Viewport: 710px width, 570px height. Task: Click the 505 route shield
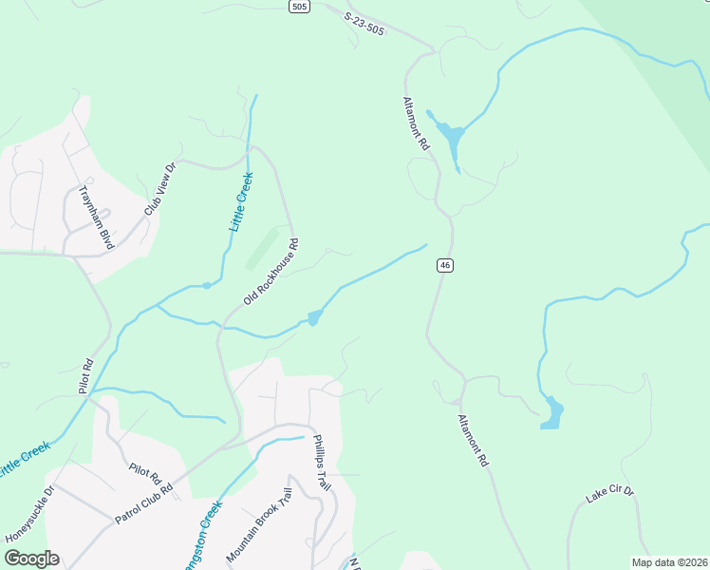pos(300,7)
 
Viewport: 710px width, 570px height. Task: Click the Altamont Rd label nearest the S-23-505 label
pos(417,123)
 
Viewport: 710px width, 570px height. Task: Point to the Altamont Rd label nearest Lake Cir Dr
pos(472,440)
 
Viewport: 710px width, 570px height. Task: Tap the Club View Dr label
pos(160,189)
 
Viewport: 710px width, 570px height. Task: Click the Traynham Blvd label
pos(96,217)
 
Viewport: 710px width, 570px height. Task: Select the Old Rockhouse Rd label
pos(271,271)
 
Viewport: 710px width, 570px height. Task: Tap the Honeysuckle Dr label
pos(30,514)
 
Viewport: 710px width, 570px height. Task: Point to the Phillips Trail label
pos(323,463)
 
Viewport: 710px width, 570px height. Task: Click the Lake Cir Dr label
pos(609,493)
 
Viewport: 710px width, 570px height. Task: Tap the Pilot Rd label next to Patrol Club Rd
pos(147,472)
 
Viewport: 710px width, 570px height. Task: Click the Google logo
pos(31,559)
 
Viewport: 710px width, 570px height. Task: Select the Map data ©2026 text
pos(669,562)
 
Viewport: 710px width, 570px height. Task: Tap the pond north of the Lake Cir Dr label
pos(551,413)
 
